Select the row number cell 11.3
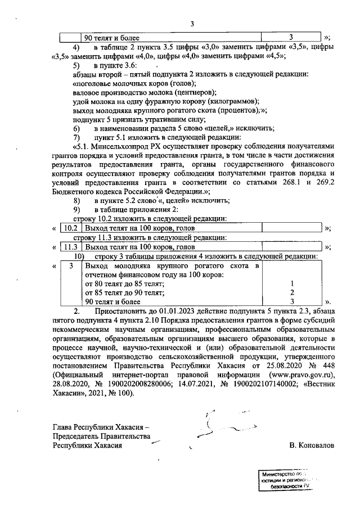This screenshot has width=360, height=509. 71,246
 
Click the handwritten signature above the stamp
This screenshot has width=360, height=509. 217,428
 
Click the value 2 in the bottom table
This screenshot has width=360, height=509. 292,292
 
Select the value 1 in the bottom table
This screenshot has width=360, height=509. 292,283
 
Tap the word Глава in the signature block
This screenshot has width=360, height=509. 63,426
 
